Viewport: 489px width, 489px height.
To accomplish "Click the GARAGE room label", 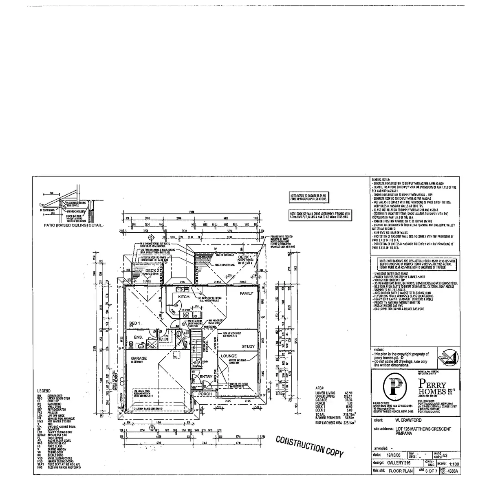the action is point(139,358).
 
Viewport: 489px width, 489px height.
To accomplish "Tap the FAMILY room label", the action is point(246,293).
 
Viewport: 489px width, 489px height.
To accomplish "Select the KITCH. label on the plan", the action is point(184,297).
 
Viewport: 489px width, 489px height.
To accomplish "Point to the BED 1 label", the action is point(134,323).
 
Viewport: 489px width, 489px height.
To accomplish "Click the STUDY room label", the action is point(248,346).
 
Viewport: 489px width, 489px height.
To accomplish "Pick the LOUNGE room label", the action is point(229,356).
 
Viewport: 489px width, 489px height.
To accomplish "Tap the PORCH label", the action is point(205,394).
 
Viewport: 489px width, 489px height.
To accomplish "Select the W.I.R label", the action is point(164,339).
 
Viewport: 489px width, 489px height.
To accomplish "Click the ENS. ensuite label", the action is point(139,337).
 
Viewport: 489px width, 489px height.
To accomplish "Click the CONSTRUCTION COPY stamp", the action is point(309,447).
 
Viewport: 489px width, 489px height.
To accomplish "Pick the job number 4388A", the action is point(451,471).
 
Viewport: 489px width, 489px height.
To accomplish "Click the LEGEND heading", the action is point(44,391).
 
